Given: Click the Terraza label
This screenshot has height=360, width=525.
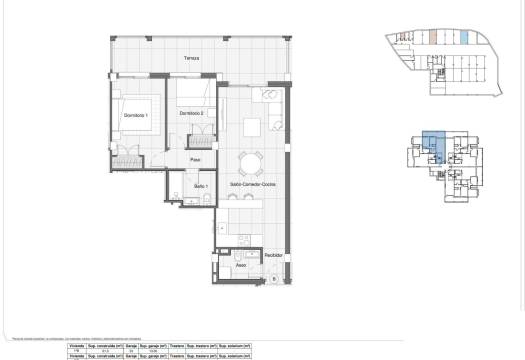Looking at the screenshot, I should click(x=191, y=59).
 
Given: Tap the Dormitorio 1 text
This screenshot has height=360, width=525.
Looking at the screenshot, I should click(x=135, y=116).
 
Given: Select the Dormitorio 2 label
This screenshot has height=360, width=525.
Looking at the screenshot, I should click(x=191, y=113).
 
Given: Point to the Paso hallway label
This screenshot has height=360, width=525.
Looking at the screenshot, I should click(x=197, y=159).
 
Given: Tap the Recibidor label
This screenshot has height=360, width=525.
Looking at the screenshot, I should click(x=274, y=255).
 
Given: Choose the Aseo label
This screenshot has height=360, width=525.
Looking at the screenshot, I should click(x=241, y=265).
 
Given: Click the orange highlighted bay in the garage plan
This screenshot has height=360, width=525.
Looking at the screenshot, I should click(x=428, y=38).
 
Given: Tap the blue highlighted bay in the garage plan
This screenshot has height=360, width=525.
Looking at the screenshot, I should click(x=465, y=38).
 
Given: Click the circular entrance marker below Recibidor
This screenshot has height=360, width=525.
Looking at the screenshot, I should click(x=274, y=279).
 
